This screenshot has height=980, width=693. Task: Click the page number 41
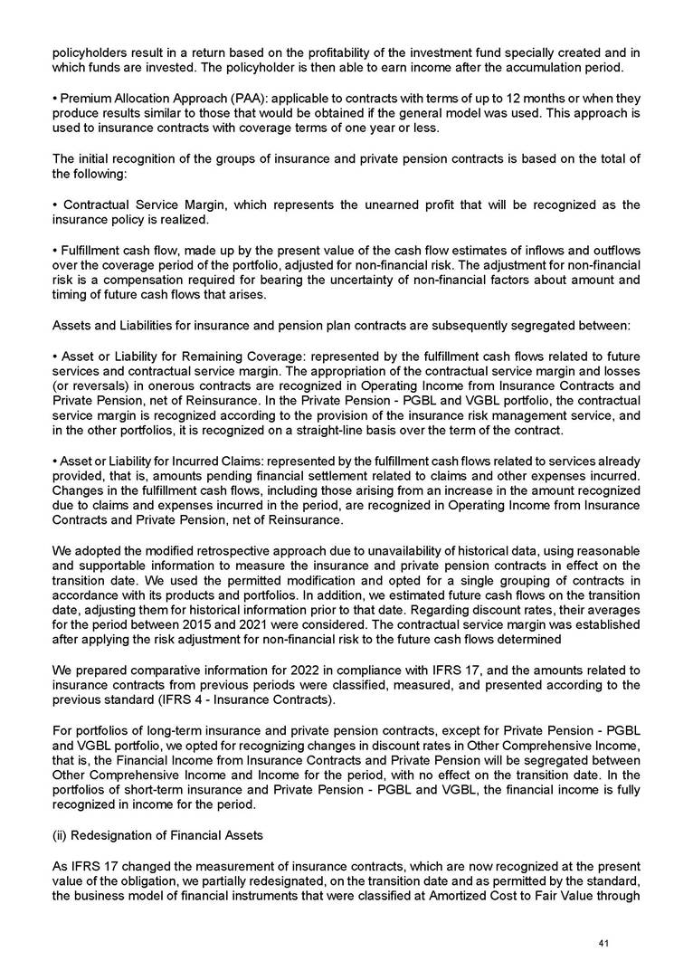point(603,945)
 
